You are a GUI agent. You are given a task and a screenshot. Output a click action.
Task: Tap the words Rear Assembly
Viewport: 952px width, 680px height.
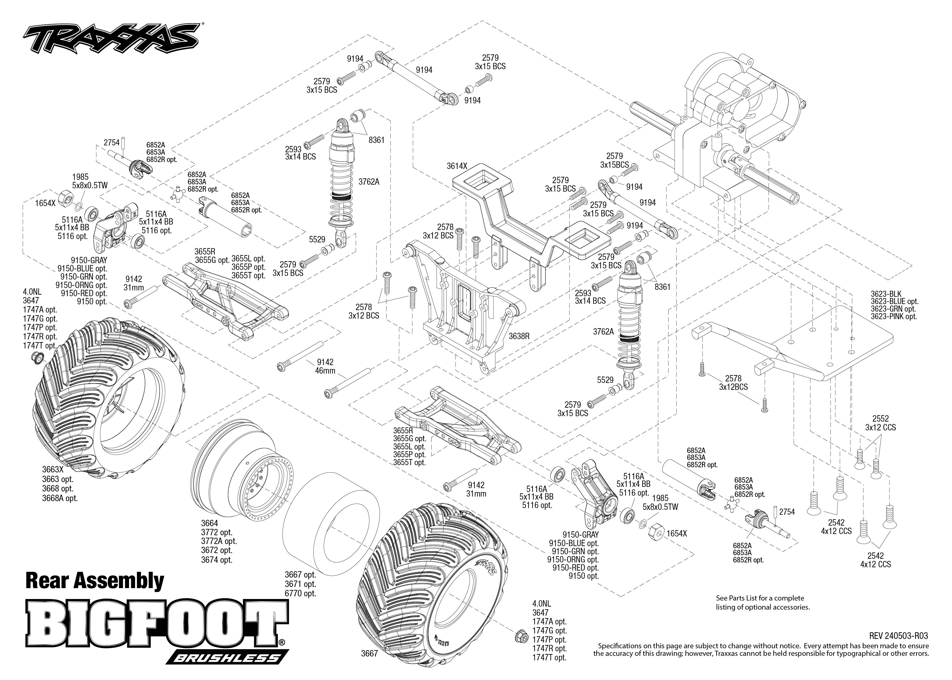tap(95, 581)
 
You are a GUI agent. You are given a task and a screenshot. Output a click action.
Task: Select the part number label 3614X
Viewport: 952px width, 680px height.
tap(456, 166)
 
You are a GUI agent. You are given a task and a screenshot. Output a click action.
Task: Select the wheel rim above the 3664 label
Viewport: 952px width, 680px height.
tap(243, 465)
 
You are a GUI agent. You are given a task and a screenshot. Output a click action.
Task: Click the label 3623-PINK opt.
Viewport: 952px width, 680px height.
tap(894, 316)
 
